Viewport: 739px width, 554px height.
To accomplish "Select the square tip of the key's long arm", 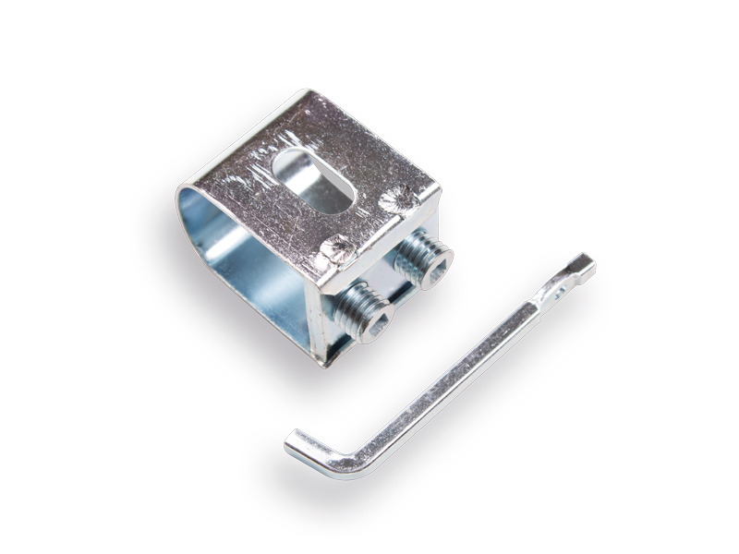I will tap(585, 266).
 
